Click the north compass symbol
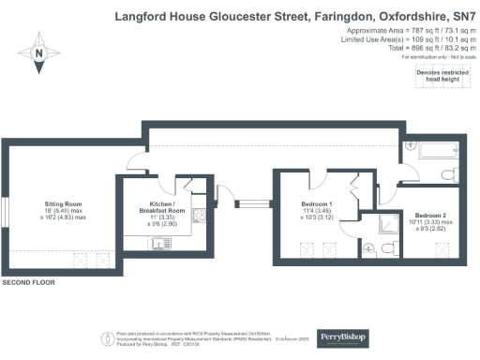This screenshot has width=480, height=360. tap(38, 54)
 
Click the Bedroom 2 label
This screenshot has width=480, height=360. tap(428, 221)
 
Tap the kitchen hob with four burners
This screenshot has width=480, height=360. tap(198, 217)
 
